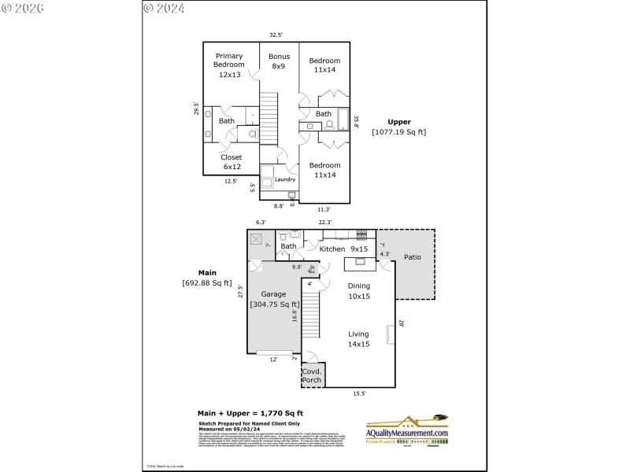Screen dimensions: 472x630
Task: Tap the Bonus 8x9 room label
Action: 280,61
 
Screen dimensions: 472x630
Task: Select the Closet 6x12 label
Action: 231,162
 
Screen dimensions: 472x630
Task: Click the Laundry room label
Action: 284,179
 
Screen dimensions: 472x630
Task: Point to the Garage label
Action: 274,299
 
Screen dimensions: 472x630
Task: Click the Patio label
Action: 413,257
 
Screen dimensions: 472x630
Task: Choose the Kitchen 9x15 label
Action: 344,249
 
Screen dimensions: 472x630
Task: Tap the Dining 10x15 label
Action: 358,291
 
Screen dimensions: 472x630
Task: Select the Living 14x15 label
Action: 358,338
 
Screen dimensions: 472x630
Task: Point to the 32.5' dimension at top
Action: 276,35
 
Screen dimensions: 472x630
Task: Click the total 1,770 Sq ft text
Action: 250,413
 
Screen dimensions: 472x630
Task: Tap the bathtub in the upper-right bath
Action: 344,120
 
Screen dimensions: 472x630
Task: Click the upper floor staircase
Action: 269,117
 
